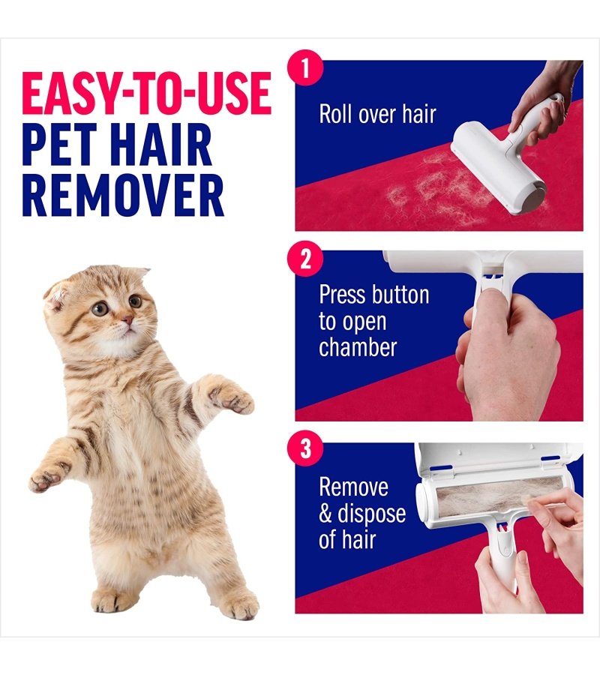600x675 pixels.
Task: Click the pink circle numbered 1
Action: point(305,67)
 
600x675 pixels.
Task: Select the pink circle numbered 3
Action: point(305,448)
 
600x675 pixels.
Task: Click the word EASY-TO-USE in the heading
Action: point(146,93)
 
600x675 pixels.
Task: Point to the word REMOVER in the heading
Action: point(123,196)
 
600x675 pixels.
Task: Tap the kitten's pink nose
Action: point(127,319)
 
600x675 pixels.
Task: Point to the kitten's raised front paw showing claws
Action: point(230,397)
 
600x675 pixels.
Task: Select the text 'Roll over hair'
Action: point(377,114)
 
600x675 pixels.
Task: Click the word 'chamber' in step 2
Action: point(358,347)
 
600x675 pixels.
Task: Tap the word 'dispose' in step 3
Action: point(371,514)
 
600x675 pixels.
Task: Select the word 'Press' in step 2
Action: point(343,295)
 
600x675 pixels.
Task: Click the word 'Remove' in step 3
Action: point(353,487)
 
